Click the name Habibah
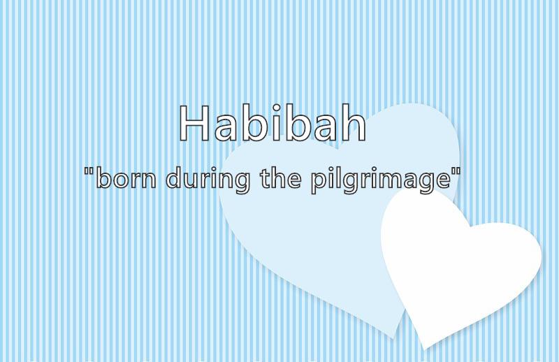pos(273,123)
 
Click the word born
pos(126,178)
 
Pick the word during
pos(208,180)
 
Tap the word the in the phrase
pos(281,178)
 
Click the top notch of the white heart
pos(470,226)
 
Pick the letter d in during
pos(174,178)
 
